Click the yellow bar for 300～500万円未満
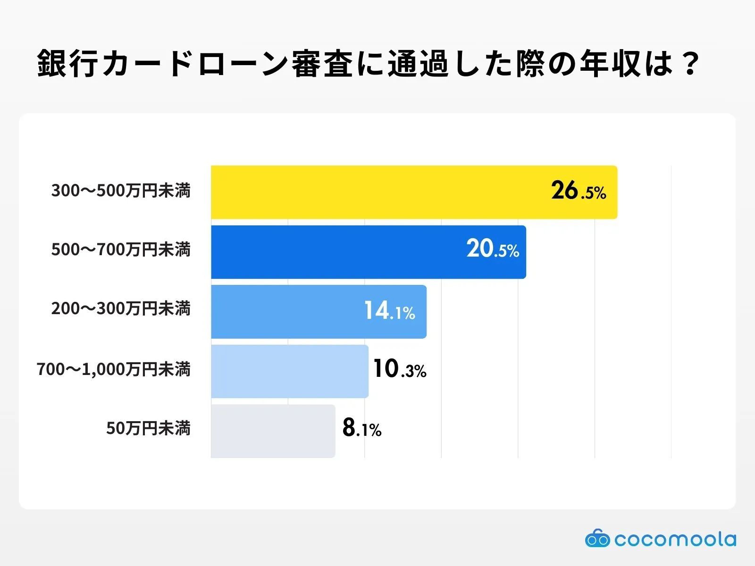377,192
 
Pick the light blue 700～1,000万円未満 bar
289,371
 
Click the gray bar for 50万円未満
273,431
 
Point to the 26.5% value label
579,191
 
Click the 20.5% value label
493,249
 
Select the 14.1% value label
389,311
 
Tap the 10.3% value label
399,369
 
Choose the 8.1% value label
361,428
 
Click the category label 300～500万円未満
121,191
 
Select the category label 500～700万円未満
121,250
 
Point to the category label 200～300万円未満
121,308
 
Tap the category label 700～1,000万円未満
114,369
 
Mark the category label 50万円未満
148,428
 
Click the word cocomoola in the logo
675,539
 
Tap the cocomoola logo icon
597,539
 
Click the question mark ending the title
690,64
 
